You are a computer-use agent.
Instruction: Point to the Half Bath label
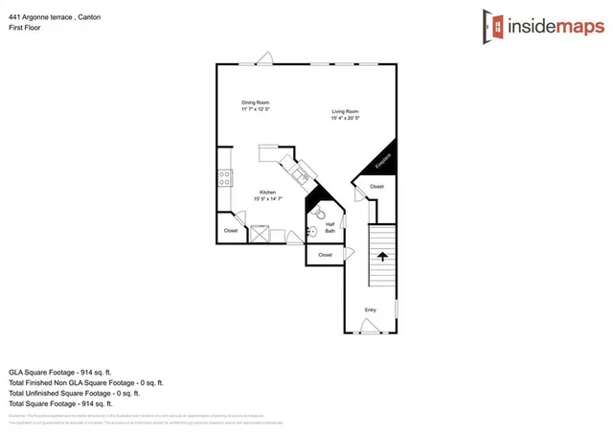(x=329, y=227)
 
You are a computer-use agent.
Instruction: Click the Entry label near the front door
(x=371, y=309)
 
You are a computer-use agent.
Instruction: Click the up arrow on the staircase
(x=382, y=256)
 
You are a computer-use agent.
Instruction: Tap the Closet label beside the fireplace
(x=376, y=186)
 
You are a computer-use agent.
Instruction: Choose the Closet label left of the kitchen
(x=231, y=231)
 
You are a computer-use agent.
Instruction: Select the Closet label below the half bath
(x=325, y=255)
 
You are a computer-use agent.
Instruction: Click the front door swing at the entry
(x=371, y=327)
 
